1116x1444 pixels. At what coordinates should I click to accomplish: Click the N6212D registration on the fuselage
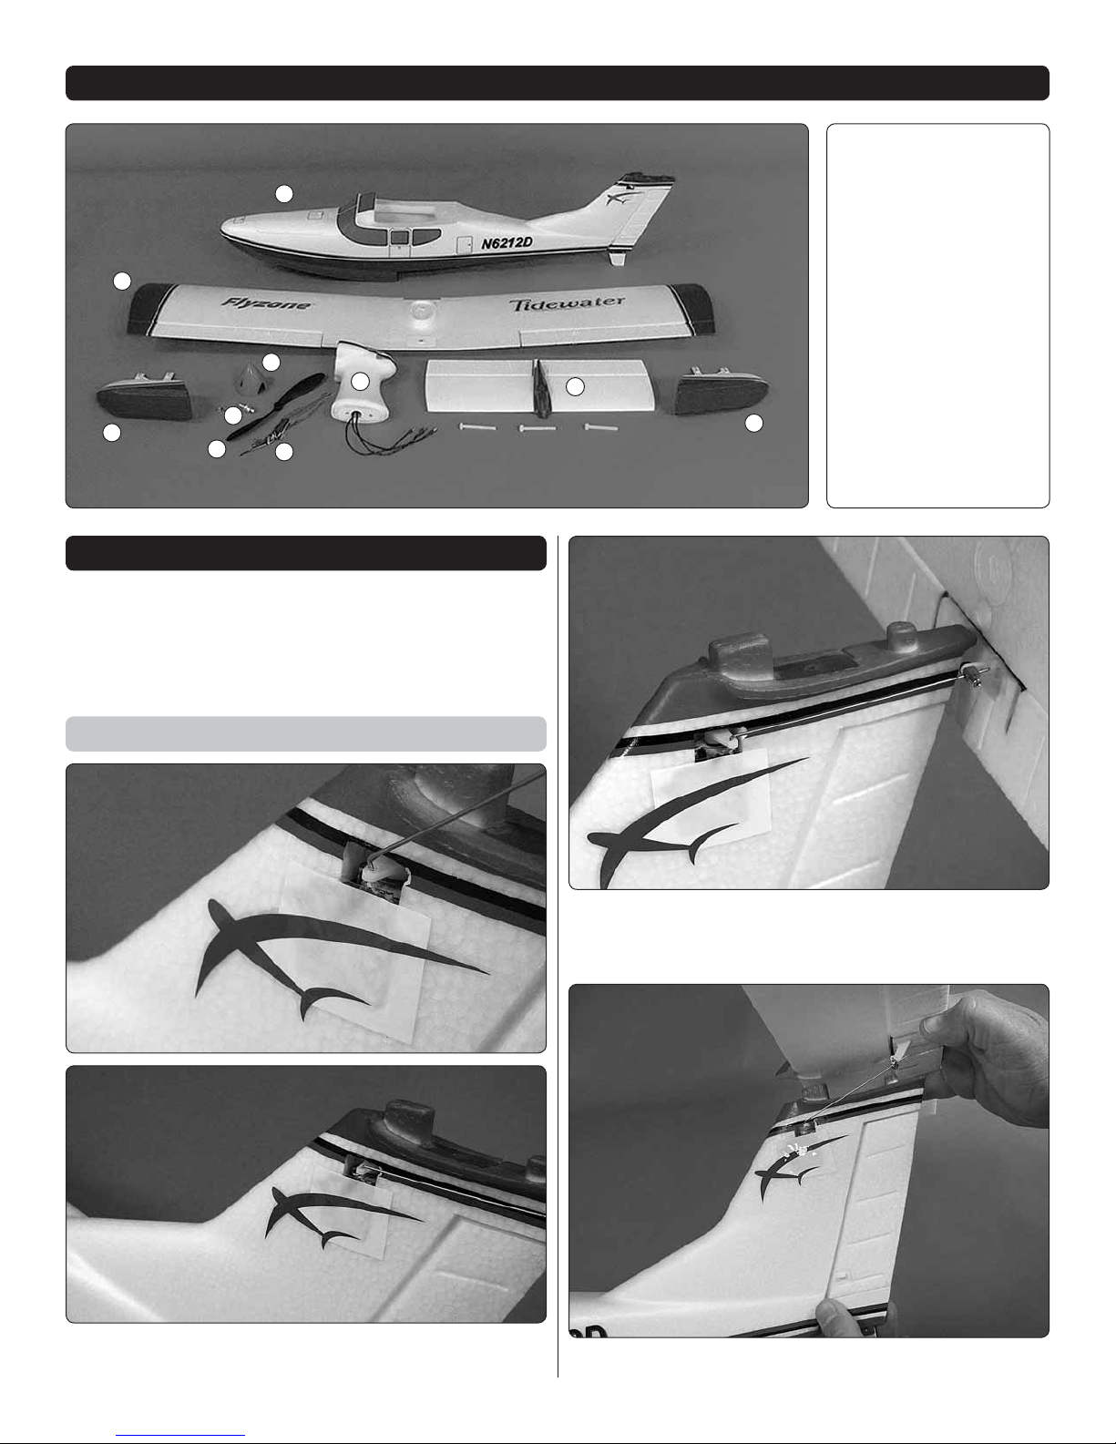(x=507, y=242)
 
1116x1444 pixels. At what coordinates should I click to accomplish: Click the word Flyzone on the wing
(x=266, y=303)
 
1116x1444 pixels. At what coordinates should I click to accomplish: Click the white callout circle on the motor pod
(x=360, y=382)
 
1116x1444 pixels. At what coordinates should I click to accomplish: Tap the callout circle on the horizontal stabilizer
(x=575, y=387)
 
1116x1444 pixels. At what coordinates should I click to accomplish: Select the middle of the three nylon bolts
(x=537, y=427)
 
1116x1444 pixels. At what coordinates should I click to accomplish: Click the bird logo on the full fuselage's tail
(x=619, y=197)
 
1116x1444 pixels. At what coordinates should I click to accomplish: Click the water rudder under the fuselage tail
(x=618, y=256)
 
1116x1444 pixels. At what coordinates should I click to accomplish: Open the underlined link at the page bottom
(x=180, y=1436)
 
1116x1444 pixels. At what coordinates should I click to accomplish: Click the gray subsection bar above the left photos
(x=305, y=733)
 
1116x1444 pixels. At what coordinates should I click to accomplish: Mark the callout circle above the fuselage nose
(x=284, y=194)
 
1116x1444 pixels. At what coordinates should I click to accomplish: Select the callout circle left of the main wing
(x=121, y=282)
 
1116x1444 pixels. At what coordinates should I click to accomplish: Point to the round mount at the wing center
(x=419, y=311)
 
